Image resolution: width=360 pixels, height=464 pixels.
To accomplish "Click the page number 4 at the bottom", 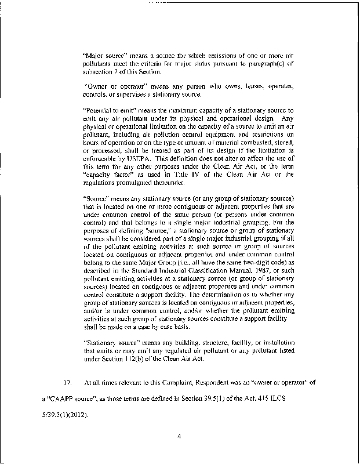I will point(180,430).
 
